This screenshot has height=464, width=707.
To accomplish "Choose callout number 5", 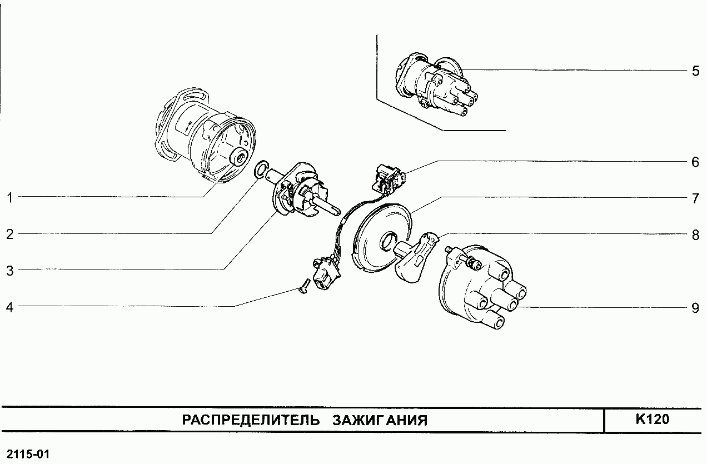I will tap(695, 71).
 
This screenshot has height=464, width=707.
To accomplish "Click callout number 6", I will tap(695, 162).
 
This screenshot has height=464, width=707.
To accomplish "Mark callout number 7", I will tap(695, 198).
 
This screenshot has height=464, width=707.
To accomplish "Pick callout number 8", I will tap(695, 235).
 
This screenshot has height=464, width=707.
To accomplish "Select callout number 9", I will tap(695, 307).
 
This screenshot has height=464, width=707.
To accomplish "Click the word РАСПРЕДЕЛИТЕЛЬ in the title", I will tap(251, 420).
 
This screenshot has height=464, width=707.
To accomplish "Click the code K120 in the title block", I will tap(652, 420).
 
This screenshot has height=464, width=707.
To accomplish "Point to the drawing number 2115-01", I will tap(26, 455).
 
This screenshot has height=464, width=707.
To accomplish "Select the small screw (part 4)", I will tap(303, 289).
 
